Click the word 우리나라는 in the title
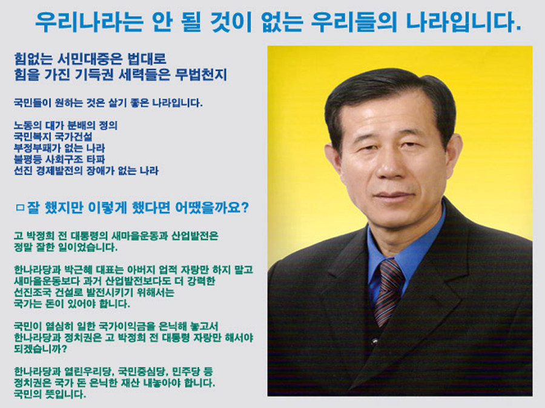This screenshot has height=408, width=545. click(x=88, y=22)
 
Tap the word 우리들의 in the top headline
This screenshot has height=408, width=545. click(x=354, y=22)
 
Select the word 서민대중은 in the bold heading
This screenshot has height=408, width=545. click(x=90, y=59)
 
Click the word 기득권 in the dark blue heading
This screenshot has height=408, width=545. click(x=94, y=74)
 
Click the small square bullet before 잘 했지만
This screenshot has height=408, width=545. click(x=20, y=208)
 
